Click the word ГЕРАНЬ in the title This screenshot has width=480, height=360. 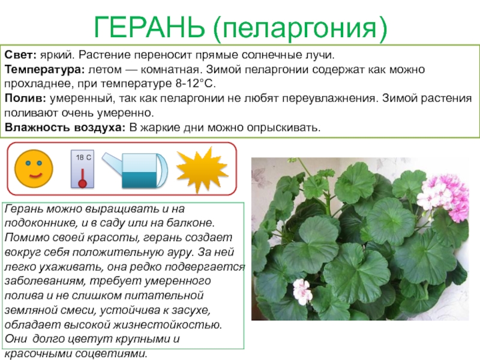pyautogui.click(x=149, y=27)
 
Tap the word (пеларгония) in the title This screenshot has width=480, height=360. pyautogui.click(x=301, y=28)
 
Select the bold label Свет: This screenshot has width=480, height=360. pyautogui.click(x=20, y=55)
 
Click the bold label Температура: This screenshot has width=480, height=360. pyautogui.click(x=44, y=70)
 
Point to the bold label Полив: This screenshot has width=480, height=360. pyautogui.click(x=25, y=98)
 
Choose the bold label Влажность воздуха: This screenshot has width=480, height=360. pyautogui.click(x=65, y=127)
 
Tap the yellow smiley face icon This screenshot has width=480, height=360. pyautogui.click(x=34, y=169)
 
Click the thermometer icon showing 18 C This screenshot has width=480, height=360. pyautogui.click(x=82, y=169)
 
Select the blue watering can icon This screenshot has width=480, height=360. pyautogui.click(x=135, y=170)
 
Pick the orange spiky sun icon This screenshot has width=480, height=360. pyautogui.click(x=202, y=169)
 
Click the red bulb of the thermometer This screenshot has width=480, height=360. pyautogui.click(x=82, y=183)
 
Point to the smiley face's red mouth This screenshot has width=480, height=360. pyautogui.click(x=35, y=176)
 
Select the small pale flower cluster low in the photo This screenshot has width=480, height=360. pyautogui.click(x=302, y=291)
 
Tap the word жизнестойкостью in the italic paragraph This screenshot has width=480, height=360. pyautogui.click(x=167, y=325)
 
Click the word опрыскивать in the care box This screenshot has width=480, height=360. pyautogui.click(x=284, y=127)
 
